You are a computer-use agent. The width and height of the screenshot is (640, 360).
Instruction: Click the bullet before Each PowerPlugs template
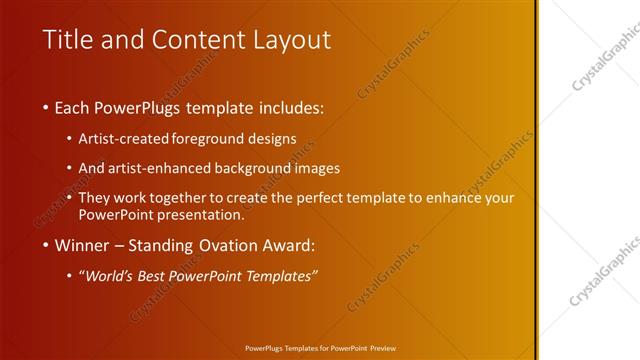(x=47, y=106)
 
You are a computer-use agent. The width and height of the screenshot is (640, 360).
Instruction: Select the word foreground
(x=210, y=139)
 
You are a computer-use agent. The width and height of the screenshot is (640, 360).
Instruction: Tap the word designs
(x=274, y=139)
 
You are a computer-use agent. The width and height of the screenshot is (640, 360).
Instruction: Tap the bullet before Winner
(x=47, y=245)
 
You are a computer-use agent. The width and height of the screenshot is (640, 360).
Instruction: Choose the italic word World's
(x=110, y=276)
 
